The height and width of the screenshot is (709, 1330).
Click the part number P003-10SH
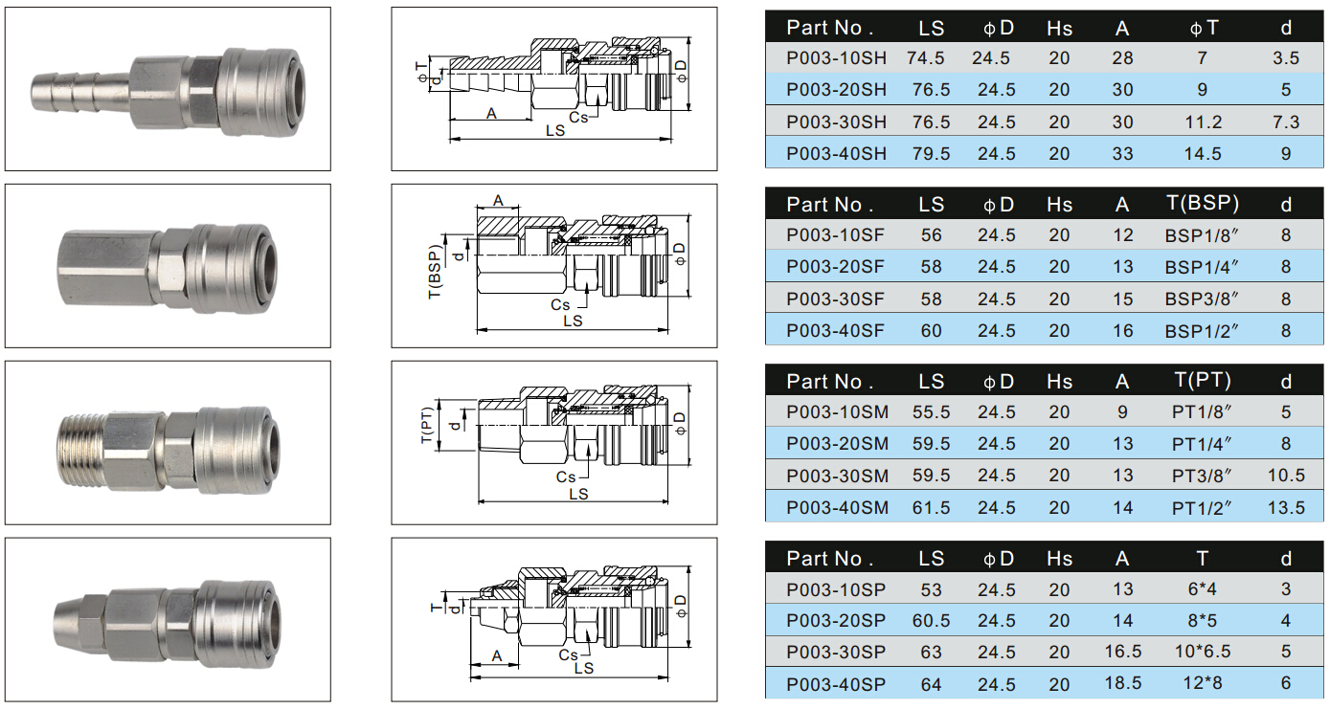point(836,58)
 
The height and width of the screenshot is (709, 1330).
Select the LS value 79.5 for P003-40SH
point(931,154)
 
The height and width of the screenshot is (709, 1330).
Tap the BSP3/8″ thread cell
point(1202,299)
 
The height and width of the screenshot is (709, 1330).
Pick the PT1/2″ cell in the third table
point(1202,508)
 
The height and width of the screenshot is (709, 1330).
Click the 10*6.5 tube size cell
point(1202,652)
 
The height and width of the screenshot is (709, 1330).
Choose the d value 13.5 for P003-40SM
point(1286,508)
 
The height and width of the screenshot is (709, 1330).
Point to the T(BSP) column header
point(1203,204)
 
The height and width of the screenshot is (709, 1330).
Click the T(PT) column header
point(1203,380)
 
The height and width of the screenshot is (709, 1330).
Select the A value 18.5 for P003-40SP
point(1122,683)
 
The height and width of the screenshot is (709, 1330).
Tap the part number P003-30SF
point(835,299)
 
